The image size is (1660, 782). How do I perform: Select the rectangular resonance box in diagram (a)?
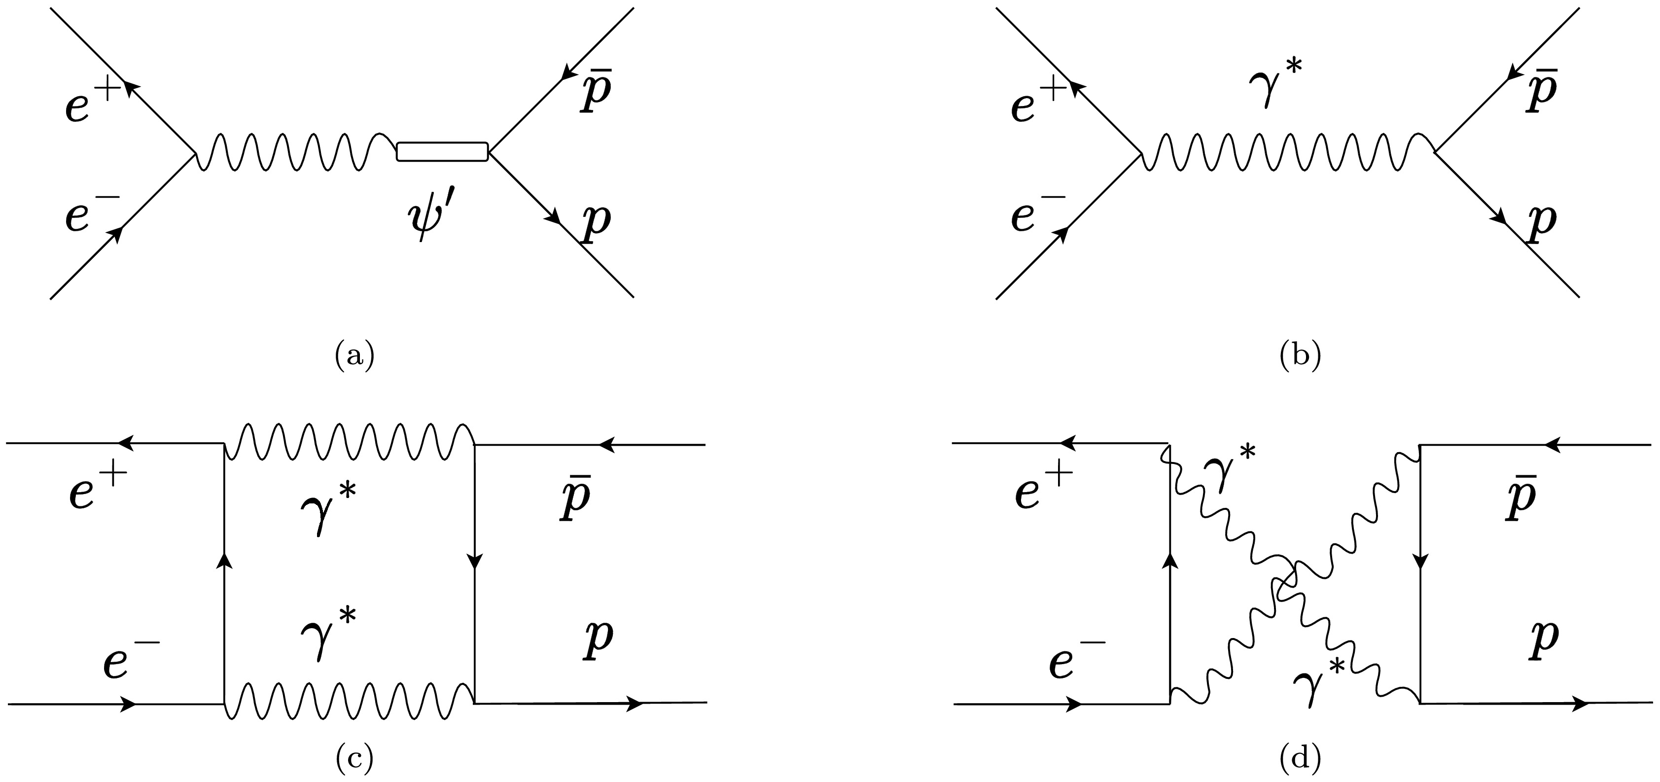pyautogui.click(x=442, y=151)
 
